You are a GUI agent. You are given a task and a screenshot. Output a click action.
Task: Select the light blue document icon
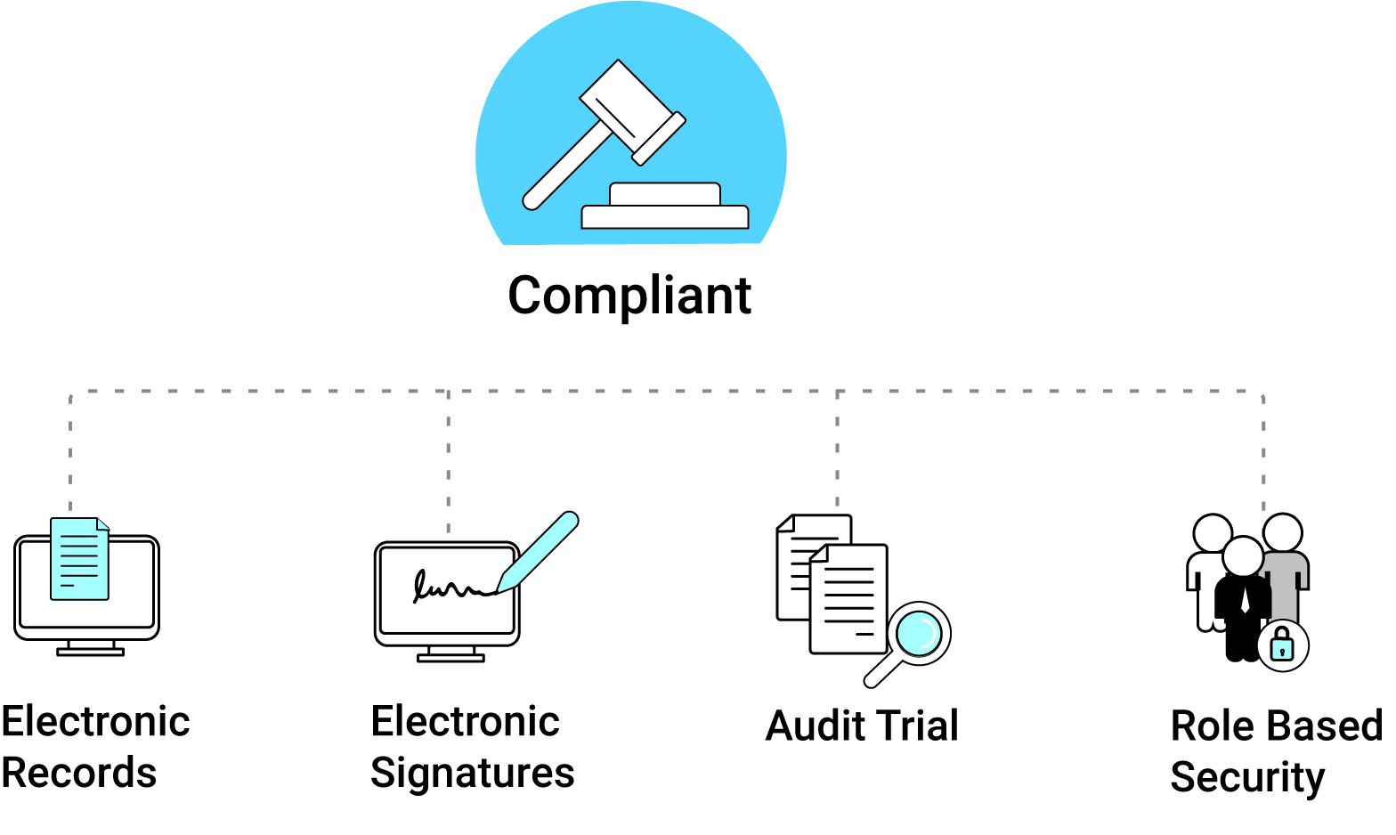pyautogui.click(x=79, y=561)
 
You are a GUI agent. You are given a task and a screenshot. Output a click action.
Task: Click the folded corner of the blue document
pyautogui.click(x=102, y=523)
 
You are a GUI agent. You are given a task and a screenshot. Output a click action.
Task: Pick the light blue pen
pyautogui.click(x=540, y=551)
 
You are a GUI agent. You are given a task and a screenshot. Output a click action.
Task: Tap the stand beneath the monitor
pyautogui.click(x=450, y=653)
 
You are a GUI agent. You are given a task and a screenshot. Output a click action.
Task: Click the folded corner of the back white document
pyautogui.click(x=785, y=523)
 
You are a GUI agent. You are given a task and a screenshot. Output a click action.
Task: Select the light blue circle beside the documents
pyautogui.click(x=919, y=633)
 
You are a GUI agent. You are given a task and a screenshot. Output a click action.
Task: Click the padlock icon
pyautogui.click(x=1282, y=645)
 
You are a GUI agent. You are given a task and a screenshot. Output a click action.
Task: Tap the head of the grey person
pyautogui.click(x=1282, y=532)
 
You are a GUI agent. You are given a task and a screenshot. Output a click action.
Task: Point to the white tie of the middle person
pyautogui.click(x=1245, y=599)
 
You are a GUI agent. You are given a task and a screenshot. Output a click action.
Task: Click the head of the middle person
pyautogui.click(x=1243, y=557)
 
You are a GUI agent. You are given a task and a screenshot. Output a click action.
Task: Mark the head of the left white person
pyautogui.click(x=1213, y=533)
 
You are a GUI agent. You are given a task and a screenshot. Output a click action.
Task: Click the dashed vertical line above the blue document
pyautogui.click(x=70, y=450)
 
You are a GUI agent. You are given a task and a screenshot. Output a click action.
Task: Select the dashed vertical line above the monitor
pyautogui.click(x=448, y=463)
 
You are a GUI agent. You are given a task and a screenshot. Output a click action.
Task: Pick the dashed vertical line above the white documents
pyautogui.click(x=837, y=450)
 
